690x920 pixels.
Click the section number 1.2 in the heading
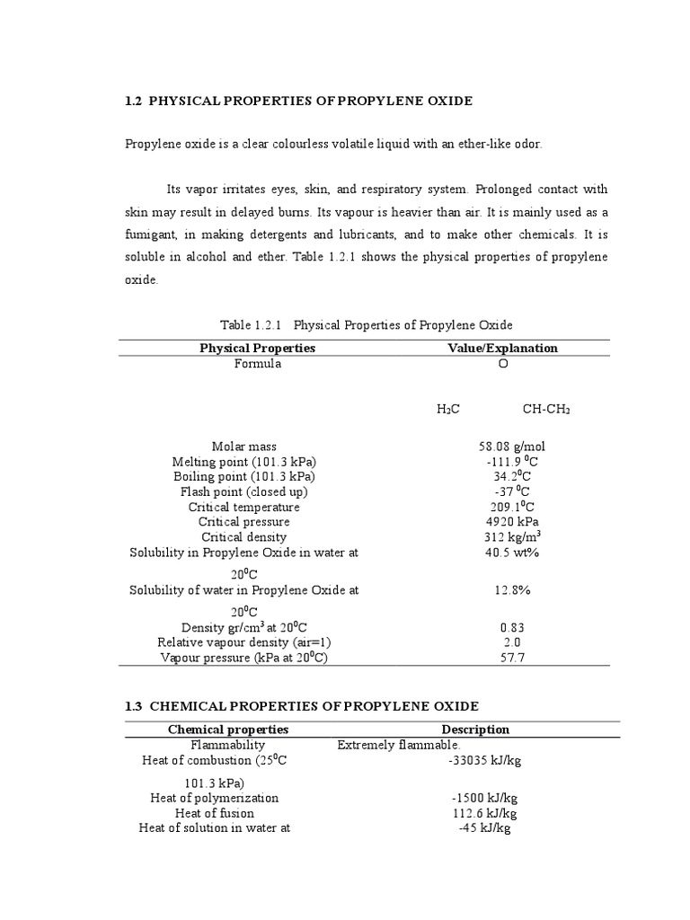pyautogui.click(x=134, y=102)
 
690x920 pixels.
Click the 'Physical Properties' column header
pyautogui.click(x=257, y=348)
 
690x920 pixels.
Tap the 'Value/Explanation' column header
pyautogui.click(x=502, y=348)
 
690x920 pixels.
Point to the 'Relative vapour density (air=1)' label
pyautogui.click(x=244, y=642)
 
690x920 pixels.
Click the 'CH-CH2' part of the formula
pyautogui.click(x=546, y=409)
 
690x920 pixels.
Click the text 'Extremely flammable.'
pyautogui.click(x=399, y=745)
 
